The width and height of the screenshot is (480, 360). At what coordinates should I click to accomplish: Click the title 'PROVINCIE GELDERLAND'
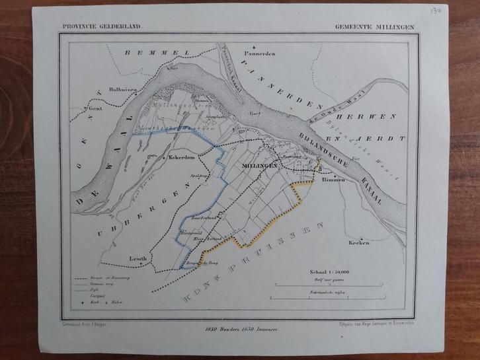pos(101,27)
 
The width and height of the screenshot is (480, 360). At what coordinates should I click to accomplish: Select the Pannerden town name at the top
pos(258,55)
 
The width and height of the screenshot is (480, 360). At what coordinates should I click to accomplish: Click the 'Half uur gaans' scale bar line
pos(325,285)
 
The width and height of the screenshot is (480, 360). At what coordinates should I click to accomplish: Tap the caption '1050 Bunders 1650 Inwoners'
pos(239,328)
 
